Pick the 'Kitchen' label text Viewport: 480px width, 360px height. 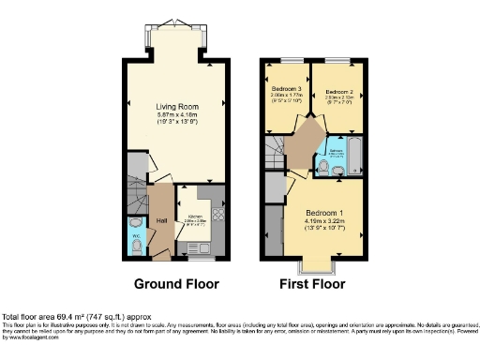[x=197, y=213]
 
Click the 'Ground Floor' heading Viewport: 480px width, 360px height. [x=176, y=284]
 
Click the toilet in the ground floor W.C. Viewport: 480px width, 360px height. [x=137, y=246]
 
